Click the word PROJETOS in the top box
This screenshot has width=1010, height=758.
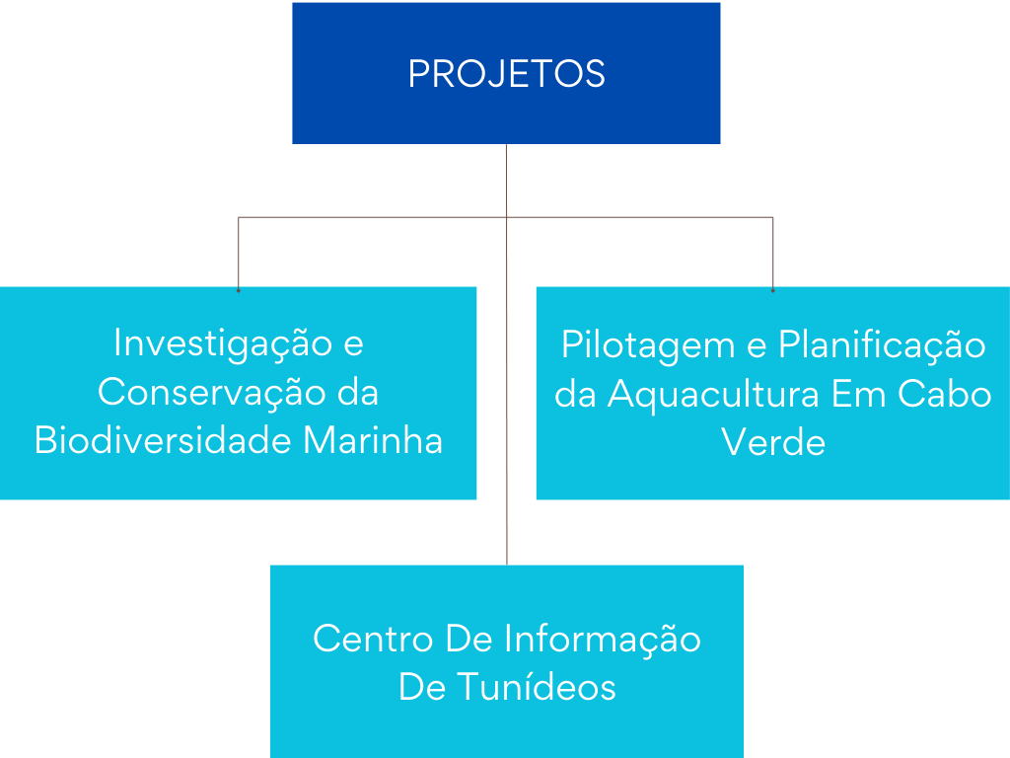506,74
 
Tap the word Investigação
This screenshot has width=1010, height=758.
223,343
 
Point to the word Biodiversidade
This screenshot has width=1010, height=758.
163,441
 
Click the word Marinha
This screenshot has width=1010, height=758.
373,441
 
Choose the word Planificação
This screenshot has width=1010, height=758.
882,345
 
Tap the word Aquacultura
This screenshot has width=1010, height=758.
714,394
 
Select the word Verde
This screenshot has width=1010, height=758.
773,442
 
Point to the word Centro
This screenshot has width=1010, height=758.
374,639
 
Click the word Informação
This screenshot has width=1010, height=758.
603,639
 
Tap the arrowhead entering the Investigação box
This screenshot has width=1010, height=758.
239,288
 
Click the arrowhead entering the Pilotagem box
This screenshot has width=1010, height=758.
773,288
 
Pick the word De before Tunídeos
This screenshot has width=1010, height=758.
421,687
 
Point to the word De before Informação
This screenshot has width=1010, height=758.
469,639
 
